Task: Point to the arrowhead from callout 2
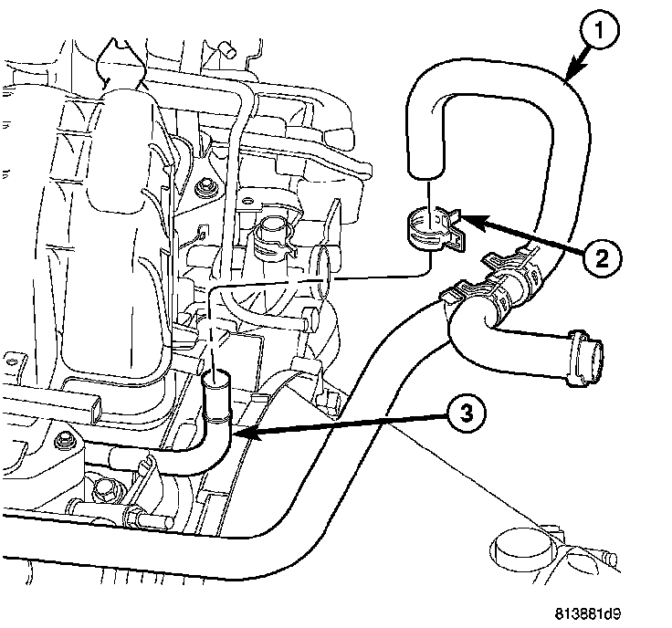[x=460, y=217]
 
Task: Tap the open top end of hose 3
[x=217, y=375]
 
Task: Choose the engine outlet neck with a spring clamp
[x=270, y=234]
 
